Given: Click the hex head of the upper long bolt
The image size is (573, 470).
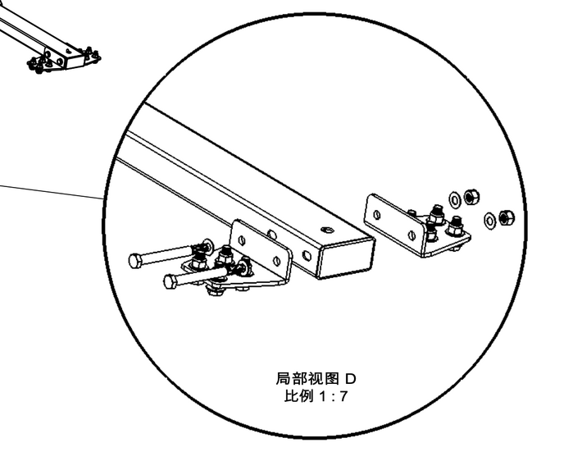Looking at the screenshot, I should click(x=135, y=262).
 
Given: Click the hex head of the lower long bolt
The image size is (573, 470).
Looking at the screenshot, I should click(x=170, y=282).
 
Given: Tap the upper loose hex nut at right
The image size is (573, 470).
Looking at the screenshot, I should click(x=471, y=197).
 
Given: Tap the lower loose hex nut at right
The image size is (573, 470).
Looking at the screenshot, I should click(x=506, y=217).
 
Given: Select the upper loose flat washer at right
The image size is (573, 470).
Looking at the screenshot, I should click(x=454, y=199).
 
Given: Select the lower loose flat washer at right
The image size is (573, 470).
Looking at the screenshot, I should click(x=489, y=218).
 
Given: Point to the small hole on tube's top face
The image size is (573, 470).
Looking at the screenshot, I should click(x=325, y=230).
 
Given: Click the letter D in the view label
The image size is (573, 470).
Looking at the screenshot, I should click(x=350, y=379).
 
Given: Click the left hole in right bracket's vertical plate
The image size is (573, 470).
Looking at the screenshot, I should click(x=377, y=214).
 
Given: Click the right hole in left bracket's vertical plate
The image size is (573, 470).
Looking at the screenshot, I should click(x=276, y=261).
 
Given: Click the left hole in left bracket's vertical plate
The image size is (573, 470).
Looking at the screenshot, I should click(x=242, y=240).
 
